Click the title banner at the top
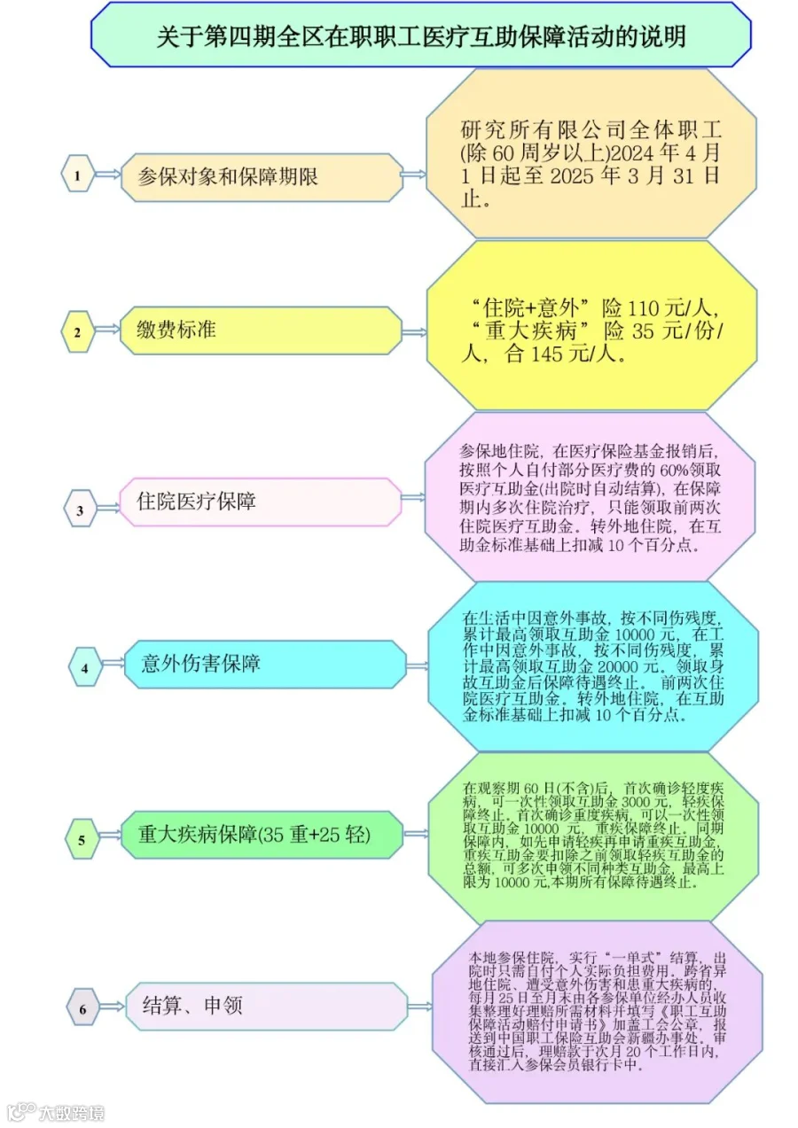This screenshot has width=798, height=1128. coord(420,35)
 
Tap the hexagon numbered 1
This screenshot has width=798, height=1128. coord(78,173)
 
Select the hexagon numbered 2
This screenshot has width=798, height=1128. coord(78,331)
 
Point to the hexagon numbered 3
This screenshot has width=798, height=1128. coord(80,509)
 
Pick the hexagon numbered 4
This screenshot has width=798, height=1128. coord(85,666)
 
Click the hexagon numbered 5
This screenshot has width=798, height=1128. coord(82,838)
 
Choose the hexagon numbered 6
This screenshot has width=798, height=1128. coord(83,1007)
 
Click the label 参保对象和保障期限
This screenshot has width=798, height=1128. coord(228,176)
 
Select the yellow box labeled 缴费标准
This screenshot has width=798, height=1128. coord(261,331)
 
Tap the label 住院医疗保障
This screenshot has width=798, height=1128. coord(196,501)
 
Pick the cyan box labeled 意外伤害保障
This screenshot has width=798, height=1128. coord(265,664)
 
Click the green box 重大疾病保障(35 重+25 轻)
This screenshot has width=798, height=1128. coord(262,835)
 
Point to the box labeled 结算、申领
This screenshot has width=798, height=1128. coord(266,1005)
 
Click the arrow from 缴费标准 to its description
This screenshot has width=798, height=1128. coord(414,332)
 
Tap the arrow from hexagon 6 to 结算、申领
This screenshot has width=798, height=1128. coord(112,1007)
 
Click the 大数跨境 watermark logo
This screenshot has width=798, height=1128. coord(54,1111)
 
